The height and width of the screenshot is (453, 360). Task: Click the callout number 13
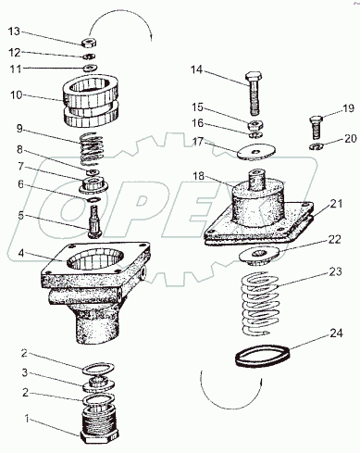14,31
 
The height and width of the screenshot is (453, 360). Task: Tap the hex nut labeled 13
89,43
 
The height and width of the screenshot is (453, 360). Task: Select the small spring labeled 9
92,148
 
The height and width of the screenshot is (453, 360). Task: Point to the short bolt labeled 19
316,128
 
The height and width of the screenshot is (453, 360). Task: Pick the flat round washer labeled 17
256,152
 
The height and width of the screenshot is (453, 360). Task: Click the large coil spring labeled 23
260,304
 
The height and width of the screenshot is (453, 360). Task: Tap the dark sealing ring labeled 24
263,356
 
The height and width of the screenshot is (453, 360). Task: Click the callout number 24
336,333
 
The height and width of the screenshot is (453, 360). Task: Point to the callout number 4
21,253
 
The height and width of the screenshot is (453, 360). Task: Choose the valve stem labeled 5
93,221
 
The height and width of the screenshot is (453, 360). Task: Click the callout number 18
199,176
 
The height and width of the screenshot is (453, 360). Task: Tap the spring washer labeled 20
317,146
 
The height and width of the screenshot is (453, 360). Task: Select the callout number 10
17,94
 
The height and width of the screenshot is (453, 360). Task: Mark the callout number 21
336,204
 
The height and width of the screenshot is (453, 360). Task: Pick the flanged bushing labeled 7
93,185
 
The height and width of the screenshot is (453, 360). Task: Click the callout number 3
25,372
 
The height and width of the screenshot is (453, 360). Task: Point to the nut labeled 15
255,125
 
